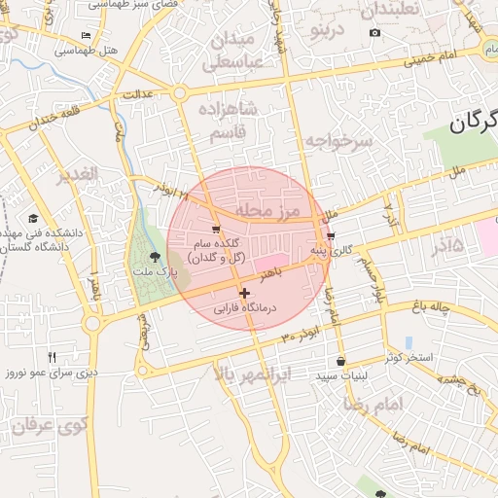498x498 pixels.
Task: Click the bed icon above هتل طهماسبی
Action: click(87, 36)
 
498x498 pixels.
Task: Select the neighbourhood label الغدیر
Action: click(76, 174)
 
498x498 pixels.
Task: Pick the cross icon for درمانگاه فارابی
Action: click(243, 293)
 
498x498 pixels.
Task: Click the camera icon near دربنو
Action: click(374, 33)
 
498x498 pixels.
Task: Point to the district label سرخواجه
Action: click(339, 142)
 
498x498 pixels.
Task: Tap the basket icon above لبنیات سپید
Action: click(339, 360)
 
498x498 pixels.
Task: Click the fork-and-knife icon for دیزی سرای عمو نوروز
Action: click(53, 357)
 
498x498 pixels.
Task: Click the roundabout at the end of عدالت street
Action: click(180, 92)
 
